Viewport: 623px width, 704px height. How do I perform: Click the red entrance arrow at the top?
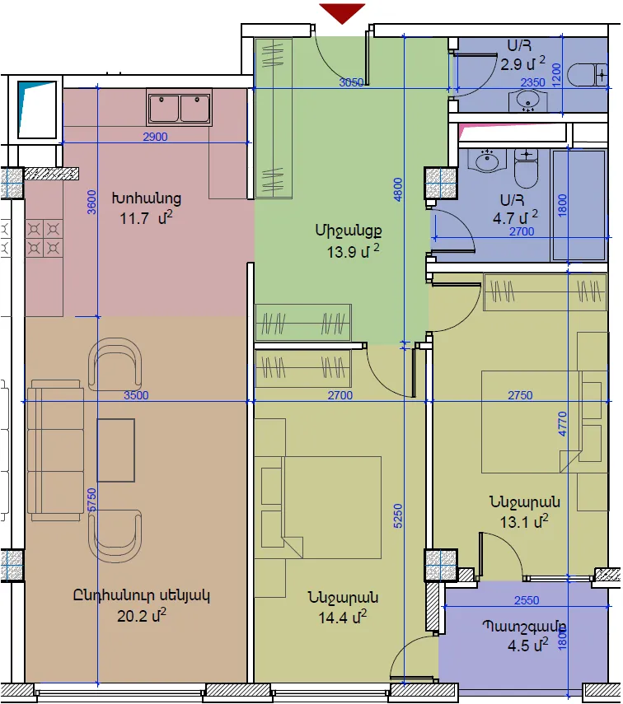click(x=342, y=12)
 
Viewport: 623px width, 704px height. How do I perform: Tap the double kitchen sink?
click(x=180, y=108)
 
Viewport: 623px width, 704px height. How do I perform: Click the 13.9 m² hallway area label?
click(x=353, y=251)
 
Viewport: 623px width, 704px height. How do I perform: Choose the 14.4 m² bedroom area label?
click(x=343, y=618)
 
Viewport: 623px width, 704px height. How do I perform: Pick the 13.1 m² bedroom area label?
click(x=524, y=522)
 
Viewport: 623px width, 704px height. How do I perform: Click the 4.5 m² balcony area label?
click(x=527, y=646)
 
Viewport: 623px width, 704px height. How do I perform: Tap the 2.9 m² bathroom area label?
click(x=522, y=63)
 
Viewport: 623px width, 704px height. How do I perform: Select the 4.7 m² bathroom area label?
click(x=515, y=217)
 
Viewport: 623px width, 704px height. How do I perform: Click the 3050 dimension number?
click(x=351, y=82)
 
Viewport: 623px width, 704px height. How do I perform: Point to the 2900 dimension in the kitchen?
click(x=155, y=137)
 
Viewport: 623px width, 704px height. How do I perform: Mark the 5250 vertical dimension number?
click(x=398, y=516)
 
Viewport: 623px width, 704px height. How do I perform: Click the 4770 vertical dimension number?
click(x=562, y=424)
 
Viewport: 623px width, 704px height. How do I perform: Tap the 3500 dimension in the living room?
click(x=136, y=395)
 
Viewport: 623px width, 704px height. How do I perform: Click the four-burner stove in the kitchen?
click(x=44, y=239)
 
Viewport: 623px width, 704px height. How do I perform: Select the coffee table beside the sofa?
click(x=116, y=450)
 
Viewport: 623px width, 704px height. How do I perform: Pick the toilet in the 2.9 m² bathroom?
click(x=587, y=75)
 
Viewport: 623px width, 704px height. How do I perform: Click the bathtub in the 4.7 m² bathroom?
click(x=578, y=206)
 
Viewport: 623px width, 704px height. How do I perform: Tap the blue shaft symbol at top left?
click(x=36, y=110)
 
